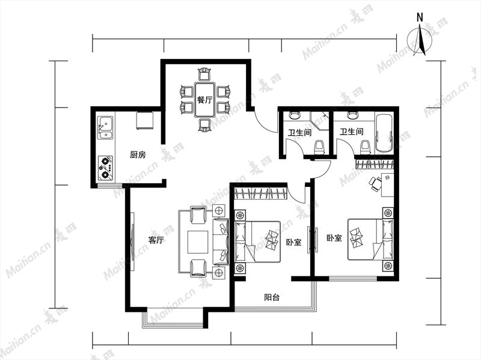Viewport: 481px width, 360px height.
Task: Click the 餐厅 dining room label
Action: tap(204, 100)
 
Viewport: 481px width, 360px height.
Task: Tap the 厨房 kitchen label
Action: tap(138, 155)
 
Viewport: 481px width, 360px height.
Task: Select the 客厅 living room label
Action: tap(156, 240)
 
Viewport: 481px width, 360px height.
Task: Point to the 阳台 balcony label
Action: tap(272, 297)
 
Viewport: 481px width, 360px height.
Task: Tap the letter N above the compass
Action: tap(420, 18)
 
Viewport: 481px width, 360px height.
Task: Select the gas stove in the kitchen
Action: tap(105, 168)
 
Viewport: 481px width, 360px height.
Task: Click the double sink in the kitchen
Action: tap(105, 127)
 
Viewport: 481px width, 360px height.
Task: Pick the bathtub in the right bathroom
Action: tap(384, 133)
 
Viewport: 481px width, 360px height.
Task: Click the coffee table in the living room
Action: tap(198, 242)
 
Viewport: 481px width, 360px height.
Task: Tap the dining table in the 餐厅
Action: tap(204, 99)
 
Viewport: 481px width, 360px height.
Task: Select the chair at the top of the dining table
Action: tap(205, 75)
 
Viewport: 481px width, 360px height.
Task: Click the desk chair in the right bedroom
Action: tap(375, 184)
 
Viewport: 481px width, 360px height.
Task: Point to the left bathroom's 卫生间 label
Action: tap(299, 132)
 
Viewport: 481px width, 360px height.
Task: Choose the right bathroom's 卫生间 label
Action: tap(352, 132)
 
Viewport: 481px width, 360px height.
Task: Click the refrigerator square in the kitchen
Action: tap(145, 121)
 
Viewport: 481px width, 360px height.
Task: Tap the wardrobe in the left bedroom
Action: tap(261, 193)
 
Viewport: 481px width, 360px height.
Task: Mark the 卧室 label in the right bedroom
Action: tap(334, 238)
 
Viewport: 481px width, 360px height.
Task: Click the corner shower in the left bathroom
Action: tap(319, 121)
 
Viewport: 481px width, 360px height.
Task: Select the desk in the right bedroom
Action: tap(387, 185)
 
